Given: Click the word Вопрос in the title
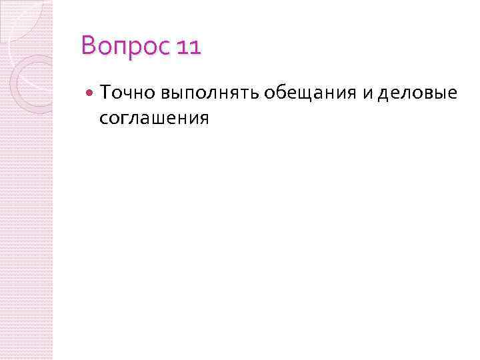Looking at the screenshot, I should [x=126, y=48].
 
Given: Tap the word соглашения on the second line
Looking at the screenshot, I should [x=154, y=119].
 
